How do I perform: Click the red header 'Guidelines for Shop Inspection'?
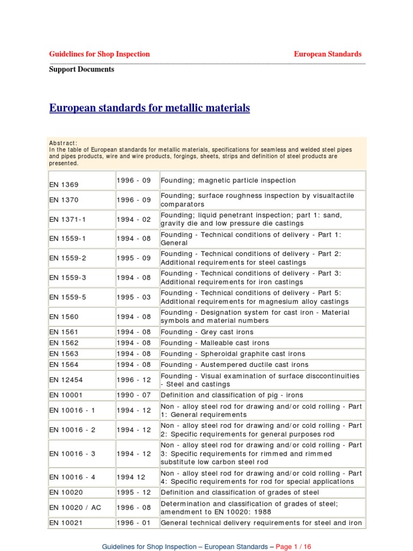99,54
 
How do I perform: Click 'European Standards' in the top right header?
327,54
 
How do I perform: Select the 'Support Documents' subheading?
82,69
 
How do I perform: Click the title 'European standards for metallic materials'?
149,108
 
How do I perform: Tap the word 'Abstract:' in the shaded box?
63,143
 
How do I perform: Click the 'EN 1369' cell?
63,185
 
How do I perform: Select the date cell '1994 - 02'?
134,219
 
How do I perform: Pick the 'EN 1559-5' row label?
67,297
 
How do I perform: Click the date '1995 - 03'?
134,297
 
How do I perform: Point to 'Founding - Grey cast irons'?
207,332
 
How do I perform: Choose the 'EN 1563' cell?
63,354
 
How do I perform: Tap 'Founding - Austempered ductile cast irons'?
234,364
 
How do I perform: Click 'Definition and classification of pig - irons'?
232,395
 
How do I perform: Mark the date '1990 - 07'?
134,395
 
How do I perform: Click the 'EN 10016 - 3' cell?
73,454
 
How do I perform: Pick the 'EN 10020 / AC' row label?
75,507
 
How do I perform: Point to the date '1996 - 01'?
134,522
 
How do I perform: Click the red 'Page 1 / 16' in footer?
294,547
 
